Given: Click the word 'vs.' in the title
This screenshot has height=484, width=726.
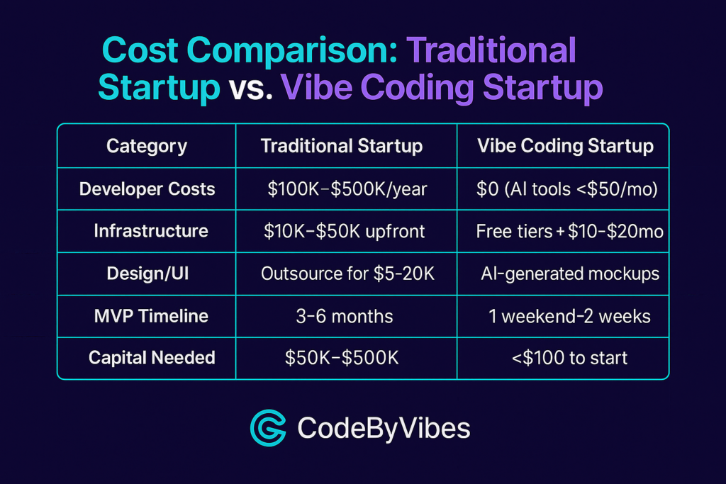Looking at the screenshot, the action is pos(250,87).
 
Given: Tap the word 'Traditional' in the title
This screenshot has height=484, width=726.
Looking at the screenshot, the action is pos(491,50).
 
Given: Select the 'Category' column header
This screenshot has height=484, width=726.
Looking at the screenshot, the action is pos(147,146).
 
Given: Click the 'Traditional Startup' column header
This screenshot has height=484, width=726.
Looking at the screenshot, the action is pos(342,146).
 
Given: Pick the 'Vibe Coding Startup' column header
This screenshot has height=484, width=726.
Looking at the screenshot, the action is pos(565,146).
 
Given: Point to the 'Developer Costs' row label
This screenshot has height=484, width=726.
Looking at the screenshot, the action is pos(147,188).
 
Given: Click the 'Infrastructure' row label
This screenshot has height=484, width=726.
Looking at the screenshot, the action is pos(151,231).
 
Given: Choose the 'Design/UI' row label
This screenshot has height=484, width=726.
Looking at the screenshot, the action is pos(147,274).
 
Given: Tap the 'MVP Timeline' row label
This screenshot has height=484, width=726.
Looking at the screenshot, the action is pos(151,316).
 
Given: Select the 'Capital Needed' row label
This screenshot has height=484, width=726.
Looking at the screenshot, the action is pos(152,358).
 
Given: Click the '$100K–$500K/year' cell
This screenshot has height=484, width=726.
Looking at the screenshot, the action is pos(347,188).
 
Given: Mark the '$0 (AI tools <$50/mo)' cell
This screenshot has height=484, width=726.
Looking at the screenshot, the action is pos(567,188).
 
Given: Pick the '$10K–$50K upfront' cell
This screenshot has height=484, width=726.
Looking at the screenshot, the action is pos(344,231).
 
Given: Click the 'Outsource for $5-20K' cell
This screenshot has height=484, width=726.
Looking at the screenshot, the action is pos(347,274).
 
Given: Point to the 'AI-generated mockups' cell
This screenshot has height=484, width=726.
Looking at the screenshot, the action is pos(570,274).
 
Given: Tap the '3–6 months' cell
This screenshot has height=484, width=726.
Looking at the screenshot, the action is pos(345,317).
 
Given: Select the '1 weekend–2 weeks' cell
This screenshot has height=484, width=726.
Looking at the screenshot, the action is pos(569,317).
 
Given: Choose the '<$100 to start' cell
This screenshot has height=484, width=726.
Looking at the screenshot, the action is pos(569,358).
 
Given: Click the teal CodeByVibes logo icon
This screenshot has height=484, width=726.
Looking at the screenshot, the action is pos(268,428).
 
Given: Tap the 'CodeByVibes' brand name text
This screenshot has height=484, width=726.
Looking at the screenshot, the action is pos(384,429).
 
